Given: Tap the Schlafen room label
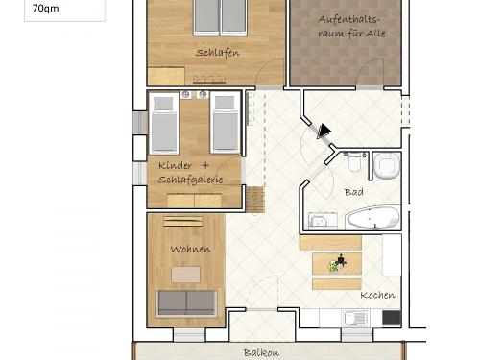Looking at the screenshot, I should [217, 53].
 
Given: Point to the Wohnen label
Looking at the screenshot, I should [189, 250].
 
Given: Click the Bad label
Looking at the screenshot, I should [353, 192].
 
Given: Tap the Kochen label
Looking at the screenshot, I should [377, 295].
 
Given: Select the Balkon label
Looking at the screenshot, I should [261, 352].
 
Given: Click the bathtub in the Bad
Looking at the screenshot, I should [372, 219].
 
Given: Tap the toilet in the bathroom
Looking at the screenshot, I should [387, 166].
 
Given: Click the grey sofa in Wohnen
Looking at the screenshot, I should [187, 302].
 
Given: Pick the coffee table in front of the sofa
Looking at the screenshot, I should [186, 275].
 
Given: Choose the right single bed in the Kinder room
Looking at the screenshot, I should [224, 122].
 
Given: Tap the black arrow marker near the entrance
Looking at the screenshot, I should [324, 130].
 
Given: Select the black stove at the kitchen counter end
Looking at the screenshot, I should [391, 317].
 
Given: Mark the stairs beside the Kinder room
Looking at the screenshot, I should [254, 200].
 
